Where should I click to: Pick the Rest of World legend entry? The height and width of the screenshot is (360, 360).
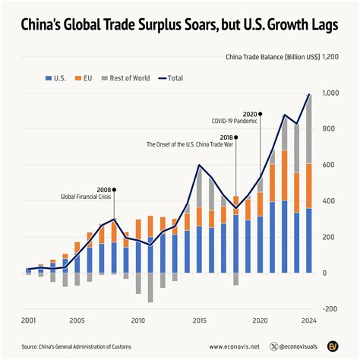130,77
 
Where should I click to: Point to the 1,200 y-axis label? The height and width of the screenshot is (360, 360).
331,57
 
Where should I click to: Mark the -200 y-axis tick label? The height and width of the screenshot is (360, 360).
330,308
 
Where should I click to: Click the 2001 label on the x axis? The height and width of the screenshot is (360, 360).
29,321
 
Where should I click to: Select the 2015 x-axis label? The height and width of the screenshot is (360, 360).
199,321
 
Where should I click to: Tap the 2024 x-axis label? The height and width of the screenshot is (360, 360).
308,321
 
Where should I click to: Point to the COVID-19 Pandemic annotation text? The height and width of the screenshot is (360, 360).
235,120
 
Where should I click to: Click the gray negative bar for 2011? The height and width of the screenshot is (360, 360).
150,288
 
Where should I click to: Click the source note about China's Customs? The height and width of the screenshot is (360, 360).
77,346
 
